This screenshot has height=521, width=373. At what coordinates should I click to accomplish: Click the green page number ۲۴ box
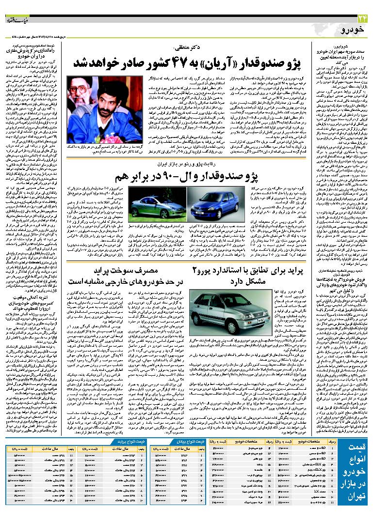coord(361,18)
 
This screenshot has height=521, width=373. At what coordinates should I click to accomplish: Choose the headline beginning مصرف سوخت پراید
coord(138,275)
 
